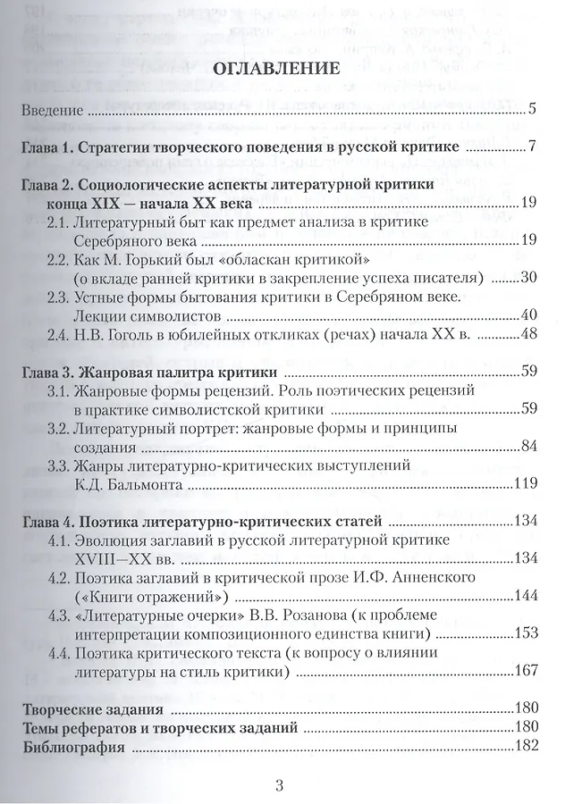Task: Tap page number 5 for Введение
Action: click(x=531, y=111)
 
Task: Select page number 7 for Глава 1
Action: click(x=531, y=147)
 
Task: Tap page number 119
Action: click(x=523, y=484)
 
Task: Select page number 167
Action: click(x=523, y=670)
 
